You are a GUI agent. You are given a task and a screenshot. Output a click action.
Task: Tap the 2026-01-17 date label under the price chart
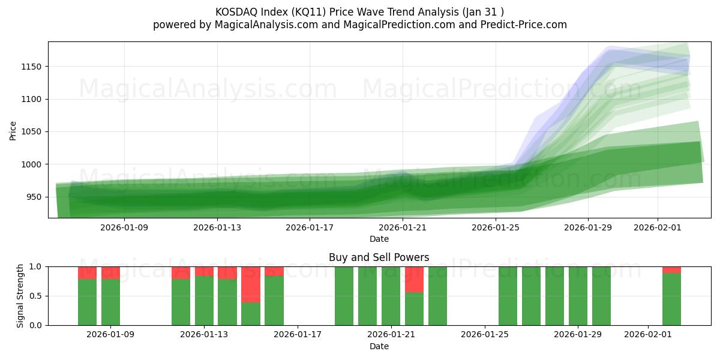tap(310, 227)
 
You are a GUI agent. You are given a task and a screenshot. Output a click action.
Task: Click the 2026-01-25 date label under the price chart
tap(495, 227)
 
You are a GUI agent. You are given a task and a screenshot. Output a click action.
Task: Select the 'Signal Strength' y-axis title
tap(20, 296)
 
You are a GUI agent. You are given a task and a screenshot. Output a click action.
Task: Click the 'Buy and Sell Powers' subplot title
tap(379, 257)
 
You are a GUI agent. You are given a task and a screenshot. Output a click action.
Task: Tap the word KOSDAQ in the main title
tap(235, 12)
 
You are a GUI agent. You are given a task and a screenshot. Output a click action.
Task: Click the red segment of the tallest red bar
tap(251, 284)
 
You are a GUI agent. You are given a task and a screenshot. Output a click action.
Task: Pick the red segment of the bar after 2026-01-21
tap(414, 279)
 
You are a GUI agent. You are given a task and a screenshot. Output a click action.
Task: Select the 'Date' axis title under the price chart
tap(379, 239)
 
